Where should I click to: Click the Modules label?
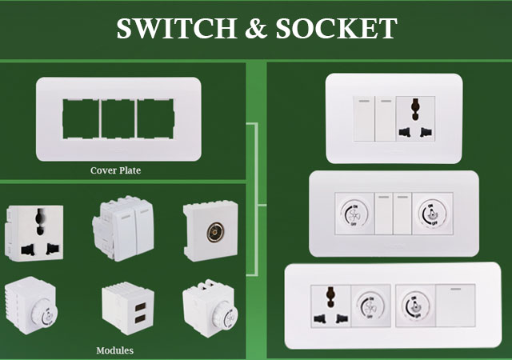tap(114, 350)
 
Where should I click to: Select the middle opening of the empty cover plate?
tap(117, 120)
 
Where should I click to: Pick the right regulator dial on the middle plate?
tap(430, 216)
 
